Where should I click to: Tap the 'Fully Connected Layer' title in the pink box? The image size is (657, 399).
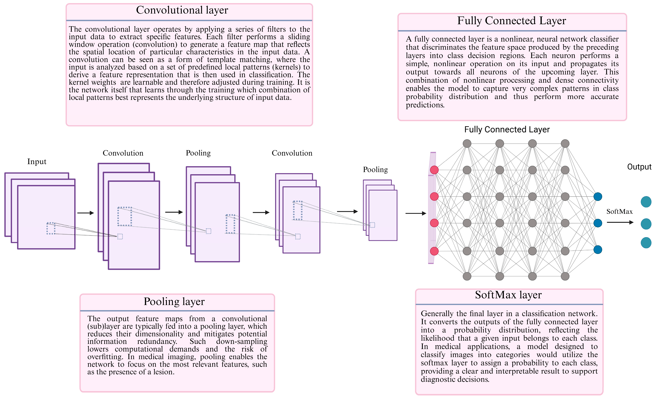(x=511, y=21)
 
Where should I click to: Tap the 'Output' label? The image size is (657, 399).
(x=639, y=167)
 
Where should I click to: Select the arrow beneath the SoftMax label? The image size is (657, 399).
(x=620, y=222)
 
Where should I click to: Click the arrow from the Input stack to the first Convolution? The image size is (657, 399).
(x=86, y=213)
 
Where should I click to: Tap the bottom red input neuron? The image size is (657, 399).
(x=434, y=251)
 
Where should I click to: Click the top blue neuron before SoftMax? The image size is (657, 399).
(x=598, y=197)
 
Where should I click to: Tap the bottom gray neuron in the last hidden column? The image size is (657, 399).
(x=565, y=276)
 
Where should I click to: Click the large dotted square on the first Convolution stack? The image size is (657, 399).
(x=124, y=216)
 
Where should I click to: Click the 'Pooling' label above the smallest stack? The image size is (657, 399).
(x=375, y=170)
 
